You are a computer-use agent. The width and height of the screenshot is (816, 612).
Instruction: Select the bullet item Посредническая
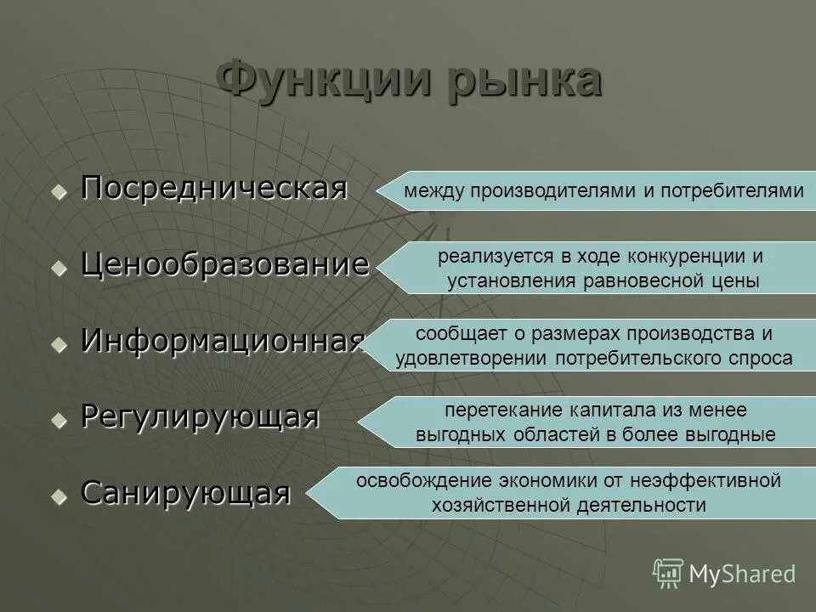click(213, 189)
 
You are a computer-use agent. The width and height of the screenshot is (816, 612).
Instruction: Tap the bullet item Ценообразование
click(225, 264)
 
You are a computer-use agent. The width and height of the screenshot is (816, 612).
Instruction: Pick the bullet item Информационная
click(223, 341)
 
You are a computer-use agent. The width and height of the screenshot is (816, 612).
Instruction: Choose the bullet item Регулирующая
click(200, 416)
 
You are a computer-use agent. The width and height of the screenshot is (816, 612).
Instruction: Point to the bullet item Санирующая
click(185, 492)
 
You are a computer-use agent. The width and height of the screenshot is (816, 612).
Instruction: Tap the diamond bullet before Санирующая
click(59, 496)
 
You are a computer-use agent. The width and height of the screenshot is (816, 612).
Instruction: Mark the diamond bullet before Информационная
click(59, 344)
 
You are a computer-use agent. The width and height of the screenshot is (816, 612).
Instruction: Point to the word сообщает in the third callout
click(451, 333)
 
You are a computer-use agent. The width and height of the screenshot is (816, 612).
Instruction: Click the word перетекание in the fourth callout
click(494, 410)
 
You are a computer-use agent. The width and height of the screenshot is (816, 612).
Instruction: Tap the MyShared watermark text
click(742, 574)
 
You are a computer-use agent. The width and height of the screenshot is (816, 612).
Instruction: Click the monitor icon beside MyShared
click(668, 573)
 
